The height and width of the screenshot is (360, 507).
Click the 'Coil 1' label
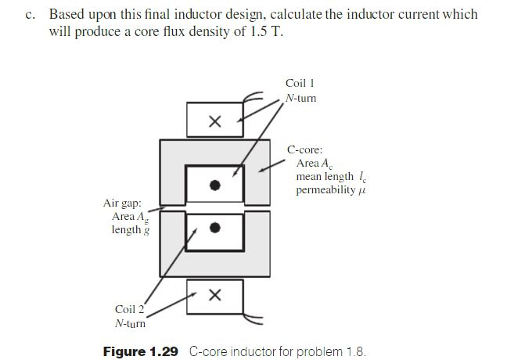(300, 83)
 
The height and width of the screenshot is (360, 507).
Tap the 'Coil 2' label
(130, 309)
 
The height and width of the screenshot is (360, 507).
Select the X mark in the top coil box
(215, 121)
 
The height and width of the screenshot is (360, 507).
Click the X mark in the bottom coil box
(215, 295)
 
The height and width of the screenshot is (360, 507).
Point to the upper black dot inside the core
(215, 185)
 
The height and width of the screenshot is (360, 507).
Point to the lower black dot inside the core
(215, 228)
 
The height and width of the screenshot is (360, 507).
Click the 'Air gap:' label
(122, 203)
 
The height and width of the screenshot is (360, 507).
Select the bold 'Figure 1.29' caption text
(142, 351)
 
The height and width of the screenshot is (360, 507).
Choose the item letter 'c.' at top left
(31, 15)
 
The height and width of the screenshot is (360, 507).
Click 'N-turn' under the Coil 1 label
(301, 98)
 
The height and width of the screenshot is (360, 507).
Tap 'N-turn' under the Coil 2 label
(130, 323)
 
